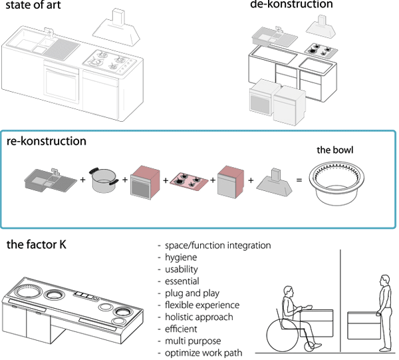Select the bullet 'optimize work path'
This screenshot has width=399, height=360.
203,352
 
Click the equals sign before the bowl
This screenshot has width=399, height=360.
298,180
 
